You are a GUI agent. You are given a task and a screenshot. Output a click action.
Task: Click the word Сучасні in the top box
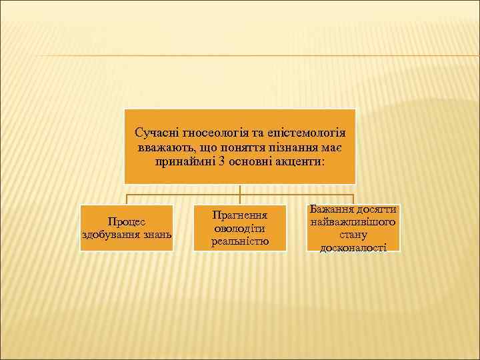pos(154,133)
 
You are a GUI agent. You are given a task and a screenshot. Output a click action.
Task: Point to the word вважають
pos(163,147)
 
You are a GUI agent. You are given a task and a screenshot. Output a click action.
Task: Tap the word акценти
pos(299,161)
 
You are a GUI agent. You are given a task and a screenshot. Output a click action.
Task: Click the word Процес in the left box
pos(127,221)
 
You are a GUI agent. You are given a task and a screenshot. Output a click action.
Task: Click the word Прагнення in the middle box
pos(239,215)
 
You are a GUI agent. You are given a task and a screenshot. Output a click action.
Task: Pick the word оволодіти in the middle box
pos(239,228)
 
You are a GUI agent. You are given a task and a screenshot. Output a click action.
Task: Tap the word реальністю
pos(239,241)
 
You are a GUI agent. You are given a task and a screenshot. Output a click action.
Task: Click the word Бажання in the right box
pos(331,209)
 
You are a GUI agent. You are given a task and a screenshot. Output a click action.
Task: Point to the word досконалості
pos(353,247)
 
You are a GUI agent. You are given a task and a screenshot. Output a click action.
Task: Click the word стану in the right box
pos(353,235)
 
